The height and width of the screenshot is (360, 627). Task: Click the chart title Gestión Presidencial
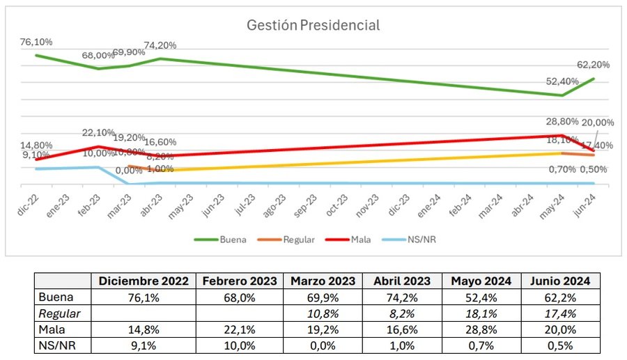coord(313,26)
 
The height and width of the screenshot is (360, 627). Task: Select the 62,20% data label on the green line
coord(594,65)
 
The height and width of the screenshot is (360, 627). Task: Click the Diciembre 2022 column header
coord(144,281)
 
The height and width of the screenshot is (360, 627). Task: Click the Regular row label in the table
coord(60,314)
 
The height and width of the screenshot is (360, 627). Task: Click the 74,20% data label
coord(160,45)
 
